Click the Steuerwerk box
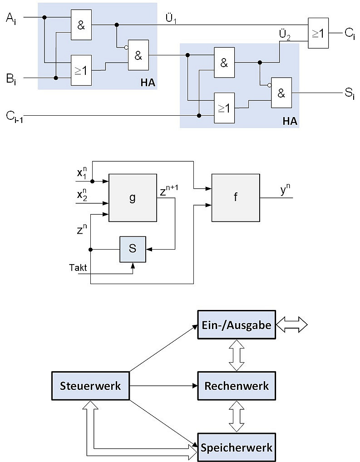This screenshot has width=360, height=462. [90, 386]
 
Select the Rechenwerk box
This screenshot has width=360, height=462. [237, 386]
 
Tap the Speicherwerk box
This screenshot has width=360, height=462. [237, 447]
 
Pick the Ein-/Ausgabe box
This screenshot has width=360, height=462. [237, 325]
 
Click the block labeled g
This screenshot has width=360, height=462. [132, 198]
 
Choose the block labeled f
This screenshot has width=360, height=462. [236, 198]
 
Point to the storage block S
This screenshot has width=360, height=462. [133, 249]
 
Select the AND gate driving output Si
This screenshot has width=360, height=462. [281, 93]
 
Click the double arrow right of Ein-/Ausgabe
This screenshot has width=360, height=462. [292, 325]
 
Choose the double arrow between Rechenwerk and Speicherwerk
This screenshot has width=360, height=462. [237, 417]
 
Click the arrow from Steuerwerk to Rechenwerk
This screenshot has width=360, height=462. [163, 386]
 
